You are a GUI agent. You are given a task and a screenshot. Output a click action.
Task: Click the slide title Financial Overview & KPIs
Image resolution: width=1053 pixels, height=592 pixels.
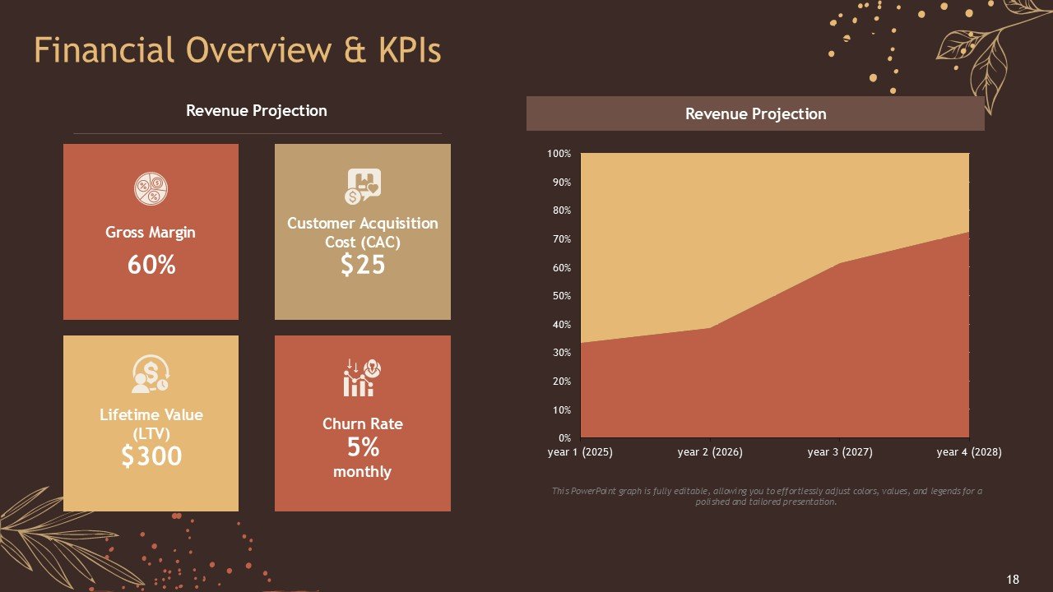pyautogui.click(x=238, y=50)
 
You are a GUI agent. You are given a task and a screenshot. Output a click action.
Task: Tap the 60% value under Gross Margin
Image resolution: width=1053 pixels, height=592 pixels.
pyautogui.click(x=151, y=265)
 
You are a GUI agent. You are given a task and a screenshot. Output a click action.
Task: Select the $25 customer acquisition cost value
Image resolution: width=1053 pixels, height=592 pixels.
pyautogui.click(x=363, y=264)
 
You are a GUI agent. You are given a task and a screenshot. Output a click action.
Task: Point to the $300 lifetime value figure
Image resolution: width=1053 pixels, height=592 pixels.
pyautogui.click(x=151, y=456)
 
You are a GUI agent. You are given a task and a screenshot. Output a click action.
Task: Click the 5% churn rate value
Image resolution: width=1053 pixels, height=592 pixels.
pyautogui.click(x=363, y=447)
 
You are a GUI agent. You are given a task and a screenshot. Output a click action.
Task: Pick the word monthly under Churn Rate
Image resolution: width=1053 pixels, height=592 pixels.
pyautogui.click(x=362, y=472)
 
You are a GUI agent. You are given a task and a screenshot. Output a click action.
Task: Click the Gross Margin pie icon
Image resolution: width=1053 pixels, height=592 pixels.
pyautogui.click(x=151, y=189)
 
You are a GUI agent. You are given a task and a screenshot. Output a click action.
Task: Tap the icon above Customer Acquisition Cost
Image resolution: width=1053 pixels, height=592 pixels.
pyautogui.click(x=363, y=187)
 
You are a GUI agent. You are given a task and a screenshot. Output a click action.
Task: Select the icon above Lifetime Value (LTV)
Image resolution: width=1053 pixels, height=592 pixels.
pyautogui.click(x=151, y=374)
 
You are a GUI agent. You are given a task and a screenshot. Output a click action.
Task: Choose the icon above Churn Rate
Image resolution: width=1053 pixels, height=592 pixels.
pyautogui.click(x=363, y=377)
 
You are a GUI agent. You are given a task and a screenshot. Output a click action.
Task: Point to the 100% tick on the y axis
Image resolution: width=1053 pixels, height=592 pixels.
pyautogui.click(x=559, y=154)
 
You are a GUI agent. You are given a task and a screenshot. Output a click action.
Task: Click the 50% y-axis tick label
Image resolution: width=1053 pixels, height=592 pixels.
pyautogui.click(x=560, y=296)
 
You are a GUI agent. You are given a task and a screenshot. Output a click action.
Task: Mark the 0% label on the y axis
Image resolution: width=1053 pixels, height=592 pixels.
pyautogui.click(x=564, y=438)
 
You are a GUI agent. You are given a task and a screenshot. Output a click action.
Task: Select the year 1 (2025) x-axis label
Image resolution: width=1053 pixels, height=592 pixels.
pyautogui.click(x=580, y=452)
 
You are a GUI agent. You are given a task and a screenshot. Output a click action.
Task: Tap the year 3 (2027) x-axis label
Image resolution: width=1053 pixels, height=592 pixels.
pyautogui.click(x=840, y=452)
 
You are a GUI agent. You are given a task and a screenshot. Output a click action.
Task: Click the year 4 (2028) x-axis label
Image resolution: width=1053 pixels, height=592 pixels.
pyautogui.click(x=969, y=452)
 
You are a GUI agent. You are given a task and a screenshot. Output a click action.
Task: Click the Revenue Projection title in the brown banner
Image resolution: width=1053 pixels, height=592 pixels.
pyautogui.click(x=755, y=114)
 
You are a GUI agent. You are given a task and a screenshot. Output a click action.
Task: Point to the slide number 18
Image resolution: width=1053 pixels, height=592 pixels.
pyautogui.click(x=1013, y=579)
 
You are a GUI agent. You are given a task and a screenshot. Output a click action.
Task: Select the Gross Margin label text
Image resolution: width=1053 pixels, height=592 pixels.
pyautogui.click(x=151, y=233)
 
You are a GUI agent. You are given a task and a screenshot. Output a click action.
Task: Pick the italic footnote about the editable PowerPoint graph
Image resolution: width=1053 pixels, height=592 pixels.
pyautogui.click(x=766, y=496)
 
